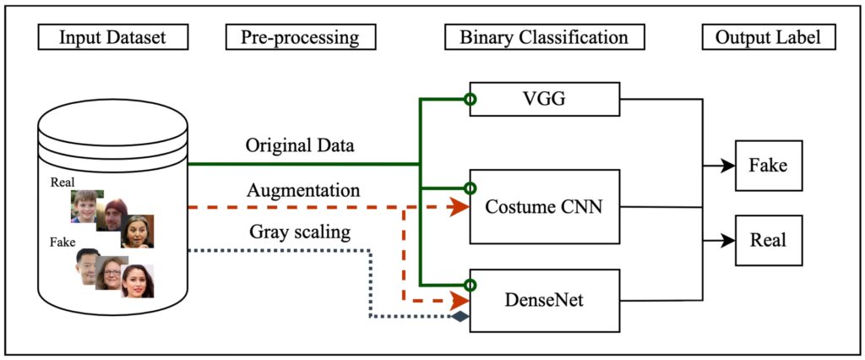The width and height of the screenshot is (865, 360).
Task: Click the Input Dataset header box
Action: [112, 38]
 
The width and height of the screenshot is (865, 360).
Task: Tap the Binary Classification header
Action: [544, 38]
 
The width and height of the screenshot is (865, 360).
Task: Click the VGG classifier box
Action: [544, 100]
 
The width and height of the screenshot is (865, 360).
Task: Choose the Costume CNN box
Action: [544, 205]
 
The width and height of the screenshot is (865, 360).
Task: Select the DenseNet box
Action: [544, 299]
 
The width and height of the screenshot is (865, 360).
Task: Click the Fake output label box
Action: [768, 165]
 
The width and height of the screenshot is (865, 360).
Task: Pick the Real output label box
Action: [768, 240]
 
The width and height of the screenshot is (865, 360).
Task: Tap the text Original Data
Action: [300, 145]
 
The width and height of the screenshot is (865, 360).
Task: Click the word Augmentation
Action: [303, 191]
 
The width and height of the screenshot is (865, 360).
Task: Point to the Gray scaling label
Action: [300, 232]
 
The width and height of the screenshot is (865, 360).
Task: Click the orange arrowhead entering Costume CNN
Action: [460, 207]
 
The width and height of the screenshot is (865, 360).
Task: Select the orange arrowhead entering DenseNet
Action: [460, 300]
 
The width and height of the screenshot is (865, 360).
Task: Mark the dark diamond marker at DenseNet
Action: [460, 318]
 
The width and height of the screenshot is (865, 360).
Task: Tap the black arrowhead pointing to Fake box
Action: [727, 166]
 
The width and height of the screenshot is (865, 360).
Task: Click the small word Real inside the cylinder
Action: [63, 182]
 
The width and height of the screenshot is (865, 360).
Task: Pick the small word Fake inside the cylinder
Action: [63, 243]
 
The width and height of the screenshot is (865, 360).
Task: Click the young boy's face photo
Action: [85, 205]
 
